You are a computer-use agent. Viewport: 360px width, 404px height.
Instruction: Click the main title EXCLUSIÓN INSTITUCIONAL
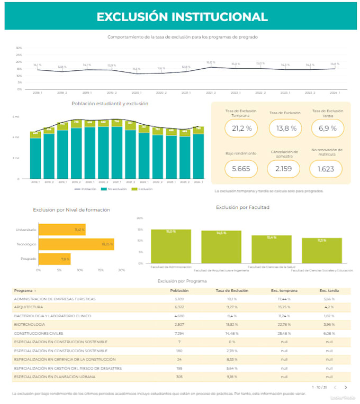point(182,16)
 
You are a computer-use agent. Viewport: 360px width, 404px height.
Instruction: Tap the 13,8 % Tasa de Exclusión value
point(285,128)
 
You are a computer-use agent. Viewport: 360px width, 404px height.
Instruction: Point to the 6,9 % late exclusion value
point(328,128)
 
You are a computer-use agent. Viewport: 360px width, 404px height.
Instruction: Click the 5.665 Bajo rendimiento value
point(241,169)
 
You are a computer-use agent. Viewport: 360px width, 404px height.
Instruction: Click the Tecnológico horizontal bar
point(76,244)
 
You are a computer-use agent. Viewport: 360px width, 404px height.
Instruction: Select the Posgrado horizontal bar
point(55,259)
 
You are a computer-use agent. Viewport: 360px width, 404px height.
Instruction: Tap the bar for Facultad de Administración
point(171,246)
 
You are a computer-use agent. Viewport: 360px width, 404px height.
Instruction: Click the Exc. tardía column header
point(329,291)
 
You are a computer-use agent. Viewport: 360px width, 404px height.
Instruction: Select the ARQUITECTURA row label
point(29,307)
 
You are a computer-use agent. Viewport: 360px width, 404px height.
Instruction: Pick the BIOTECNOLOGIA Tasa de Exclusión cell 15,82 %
point(232,324)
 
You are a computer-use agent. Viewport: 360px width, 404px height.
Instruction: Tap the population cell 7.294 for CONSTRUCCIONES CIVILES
point(179,333)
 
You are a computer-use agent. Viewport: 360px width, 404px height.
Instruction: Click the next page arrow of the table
point(346,387)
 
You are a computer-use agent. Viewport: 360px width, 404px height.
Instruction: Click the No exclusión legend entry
point(117,189)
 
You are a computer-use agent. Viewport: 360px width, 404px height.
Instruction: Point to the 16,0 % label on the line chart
point(210,62)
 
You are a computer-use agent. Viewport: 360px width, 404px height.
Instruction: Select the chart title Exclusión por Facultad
point(242,207)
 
